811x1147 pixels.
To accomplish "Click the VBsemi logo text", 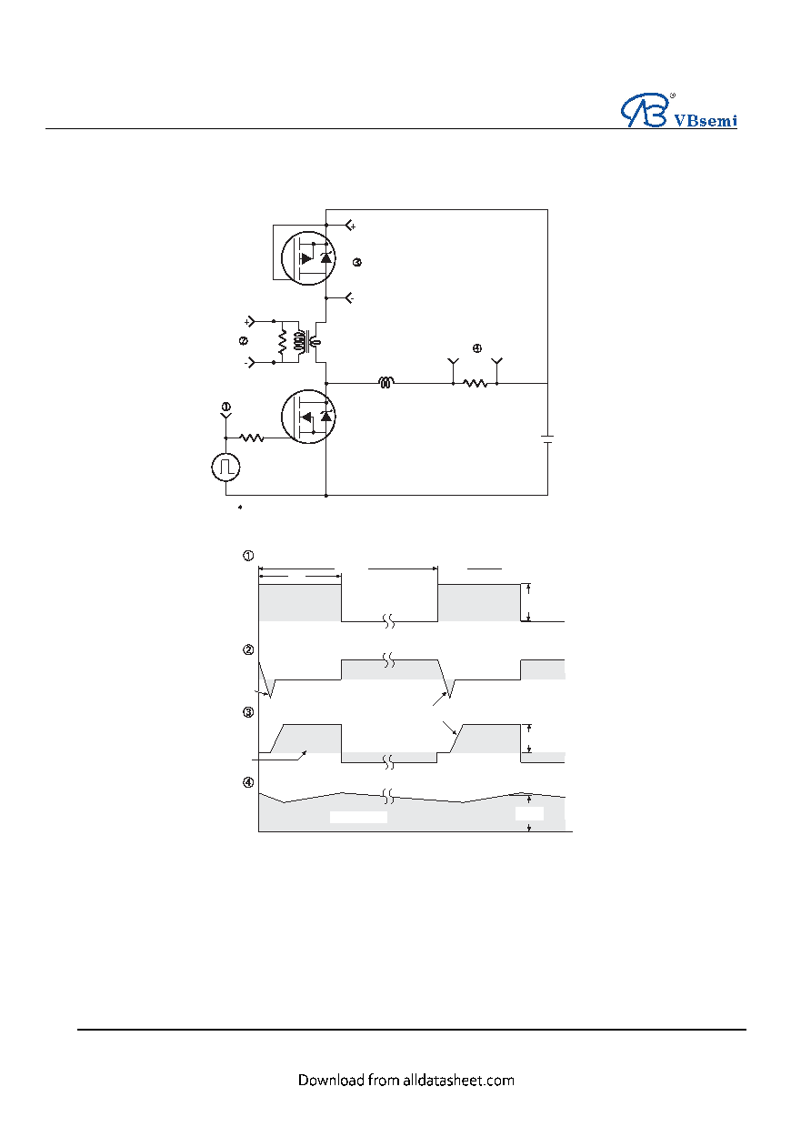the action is tap(706, 120).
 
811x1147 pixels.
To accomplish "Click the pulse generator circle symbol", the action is tap(225, 467).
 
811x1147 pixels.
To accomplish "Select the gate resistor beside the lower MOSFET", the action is tap(252, 438).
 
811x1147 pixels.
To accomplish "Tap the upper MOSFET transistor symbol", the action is tap(308, 258).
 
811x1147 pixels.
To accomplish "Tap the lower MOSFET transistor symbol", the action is tap(308, 417).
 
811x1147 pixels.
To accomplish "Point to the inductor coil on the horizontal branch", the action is tap(385, 382).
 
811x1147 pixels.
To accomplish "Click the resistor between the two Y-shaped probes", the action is tap(475, 383).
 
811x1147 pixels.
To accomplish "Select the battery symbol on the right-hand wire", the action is tap(547, 438).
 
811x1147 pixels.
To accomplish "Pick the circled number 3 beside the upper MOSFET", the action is tap(357, 262).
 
